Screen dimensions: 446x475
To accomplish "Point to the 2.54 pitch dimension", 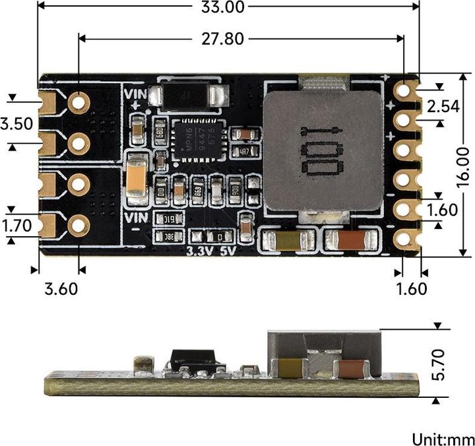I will pyautogui.click(x=442, y=106).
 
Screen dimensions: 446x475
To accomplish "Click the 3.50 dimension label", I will pyautogui.click(x=16, y=124).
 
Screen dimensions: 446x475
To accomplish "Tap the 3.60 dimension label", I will pyautogui.click(x=60, y=288).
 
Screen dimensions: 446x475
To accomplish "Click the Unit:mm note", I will pyautogui.click(x=443, y=439).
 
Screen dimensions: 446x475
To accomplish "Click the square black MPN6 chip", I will pyautogui.click(x=197, y=140).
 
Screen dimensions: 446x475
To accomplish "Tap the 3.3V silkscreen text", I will pyautogui.click(x=200, y=251).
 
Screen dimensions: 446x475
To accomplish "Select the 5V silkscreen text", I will pyautogui.click(x=228, y=251).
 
